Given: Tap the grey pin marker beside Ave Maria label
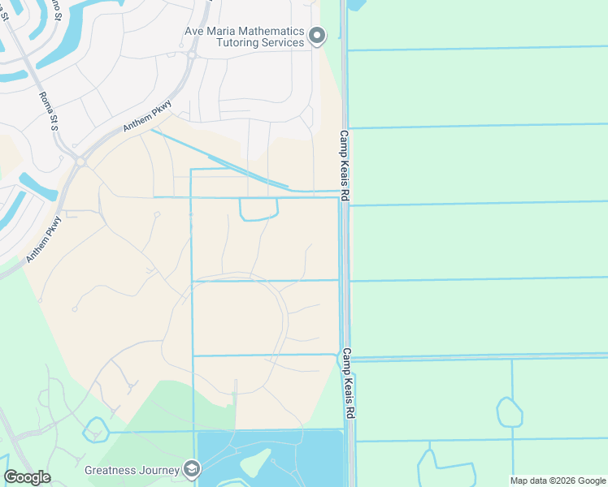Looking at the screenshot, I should tap(318, 35).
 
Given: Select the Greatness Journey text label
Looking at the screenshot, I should tap(133, 470).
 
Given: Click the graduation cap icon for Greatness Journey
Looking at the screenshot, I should tap(192, 469).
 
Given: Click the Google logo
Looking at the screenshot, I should tap(27, 477).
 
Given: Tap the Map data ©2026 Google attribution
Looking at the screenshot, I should tap(558, 481).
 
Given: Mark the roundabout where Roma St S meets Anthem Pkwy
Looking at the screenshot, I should tap(80, 162).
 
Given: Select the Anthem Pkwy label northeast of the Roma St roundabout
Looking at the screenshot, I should tap(148, 117).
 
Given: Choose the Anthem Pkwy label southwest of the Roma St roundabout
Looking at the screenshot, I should tap(45, 238).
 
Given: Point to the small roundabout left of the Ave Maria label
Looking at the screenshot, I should tap(193, 55).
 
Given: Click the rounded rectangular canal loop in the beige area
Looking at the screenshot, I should tap(258, 209).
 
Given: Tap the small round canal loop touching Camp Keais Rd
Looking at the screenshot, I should tap(341, 359).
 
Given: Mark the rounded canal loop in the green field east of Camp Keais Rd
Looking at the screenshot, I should tap(509, 412).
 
